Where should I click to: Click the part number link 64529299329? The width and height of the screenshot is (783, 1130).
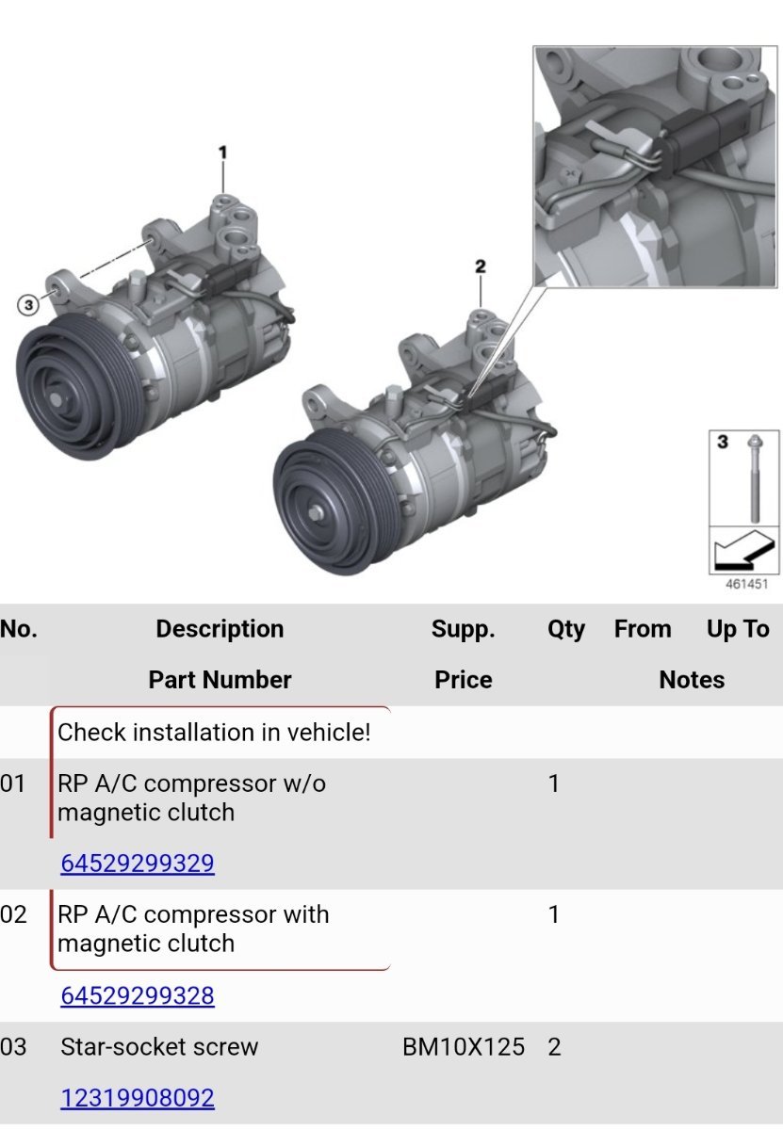tap(138, 864)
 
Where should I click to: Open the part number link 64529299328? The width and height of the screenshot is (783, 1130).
tap(138, 996)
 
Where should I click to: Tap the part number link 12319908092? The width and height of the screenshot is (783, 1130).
tap(138, 1098)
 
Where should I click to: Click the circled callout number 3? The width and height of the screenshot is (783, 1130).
tap(28, 305)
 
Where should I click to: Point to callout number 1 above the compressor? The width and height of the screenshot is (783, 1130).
tap(223, 153)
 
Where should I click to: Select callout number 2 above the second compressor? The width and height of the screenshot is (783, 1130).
tap(481, 266)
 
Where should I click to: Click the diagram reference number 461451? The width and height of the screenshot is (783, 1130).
tap(746, 584)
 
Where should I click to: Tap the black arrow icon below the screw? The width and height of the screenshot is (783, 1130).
tap(744, 550)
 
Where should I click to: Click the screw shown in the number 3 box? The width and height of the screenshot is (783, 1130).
tap(755, 478)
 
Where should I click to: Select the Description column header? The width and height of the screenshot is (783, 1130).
tap(220, 629)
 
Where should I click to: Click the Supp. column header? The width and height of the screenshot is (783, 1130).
tap(463, 629)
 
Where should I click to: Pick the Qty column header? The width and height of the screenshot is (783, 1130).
tap(566, 629)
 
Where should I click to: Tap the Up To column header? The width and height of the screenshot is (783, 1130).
tap(738, 629)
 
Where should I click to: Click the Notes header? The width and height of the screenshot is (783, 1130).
tap(692, 680)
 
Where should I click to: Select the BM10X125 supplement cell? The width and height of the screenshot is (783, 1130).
tap(464, 1047)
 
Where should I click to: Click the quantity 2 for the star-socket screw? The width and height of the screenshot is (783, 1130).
tap(554, 1047)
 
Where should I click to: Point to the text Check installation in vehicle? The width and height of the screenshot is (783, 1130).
tap(214, 732)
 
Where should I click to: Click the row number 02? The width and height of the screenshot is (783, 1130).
tap(13, 914)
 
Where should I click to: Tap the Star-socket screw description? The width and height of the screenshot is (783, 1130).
tap(159, 1047)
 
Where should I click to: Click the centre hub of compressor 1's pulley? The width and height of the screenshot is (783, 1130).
tap(56, 399)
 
